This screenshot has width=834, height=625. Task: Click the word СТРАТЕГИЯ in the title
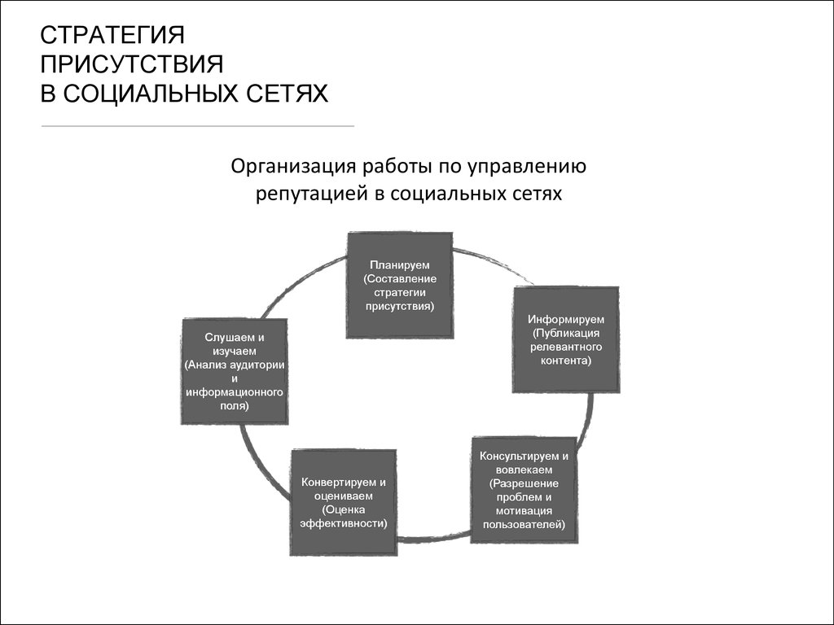112,36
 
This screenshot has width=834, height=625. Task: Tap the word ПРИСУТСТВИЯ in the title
132,64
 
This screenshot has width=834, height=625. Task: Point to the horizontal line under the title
197,126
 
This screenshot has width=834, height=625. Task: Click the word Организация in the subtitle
293,167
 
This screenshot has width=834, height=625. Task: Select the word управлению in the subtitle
527,167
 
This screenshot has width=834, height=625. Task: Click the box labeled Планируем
400,286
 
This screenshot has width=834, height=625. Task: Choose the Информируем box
566,340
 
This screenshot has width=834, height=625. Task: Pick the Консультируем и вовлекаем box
524,490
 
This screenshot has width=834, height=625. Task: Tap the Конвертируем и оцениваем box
344,503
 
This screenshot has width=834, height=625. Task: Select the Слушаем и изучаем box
235,371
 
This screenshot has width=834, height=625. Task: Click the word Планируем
400,264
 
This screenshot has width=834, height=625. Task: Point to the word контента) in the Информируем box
566,361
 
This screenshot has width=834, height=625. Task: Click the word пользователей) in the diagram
524,525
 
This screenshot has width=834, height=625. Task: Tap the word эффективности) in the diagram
344,523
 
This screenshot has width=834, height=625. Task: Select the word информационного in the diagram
235,393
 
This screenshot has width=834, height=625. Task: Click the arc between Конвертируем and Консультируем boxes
434,539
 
